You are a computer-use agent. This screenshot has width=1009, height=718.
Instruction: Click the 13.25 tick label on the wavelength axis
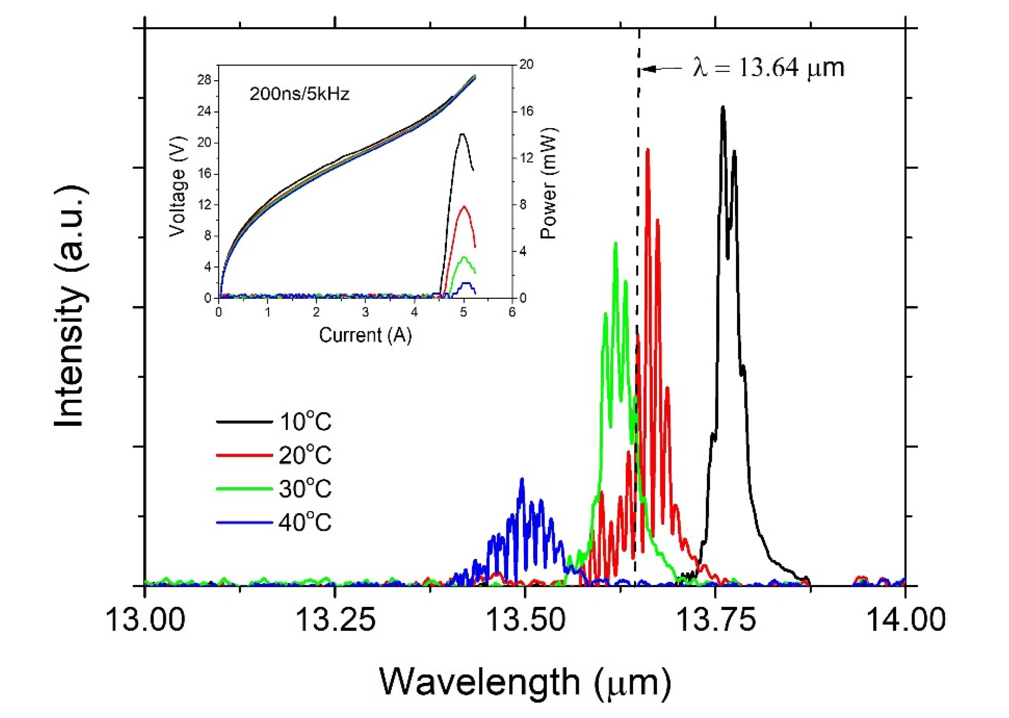pos(335,619)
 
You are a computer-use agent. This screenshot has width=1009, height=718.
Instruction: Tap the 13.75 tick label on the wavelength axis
pos(715,619)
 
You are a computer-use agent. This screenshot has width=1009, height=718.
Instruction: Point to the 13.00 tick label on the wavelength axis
pos(145,619)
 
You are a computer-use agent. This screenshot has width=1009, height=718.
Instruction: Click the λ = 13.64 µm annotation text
pos(768,69)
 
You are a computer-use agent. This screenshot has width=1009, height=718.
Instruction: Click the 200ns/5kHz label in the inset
pos(300,94)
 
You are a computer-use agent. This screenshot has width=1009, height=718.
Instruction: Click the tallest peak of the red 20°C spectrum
pos(648,149)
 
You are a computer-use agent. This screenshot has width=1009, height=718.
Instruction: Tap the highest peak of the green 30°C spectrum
pos(615,243)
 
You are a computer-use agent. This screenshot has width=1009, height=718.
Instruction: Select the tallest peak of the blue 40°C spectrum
pos(522,479)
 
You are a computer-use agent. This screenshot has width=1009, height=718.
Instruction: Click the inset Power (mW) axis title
pos(549,183)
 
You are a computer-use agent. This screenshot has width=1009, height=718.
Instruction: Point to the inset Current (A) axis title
pos(365,335)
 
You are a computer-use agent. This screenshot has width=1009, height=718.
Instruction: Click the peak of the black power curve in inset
pos(462,134)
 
